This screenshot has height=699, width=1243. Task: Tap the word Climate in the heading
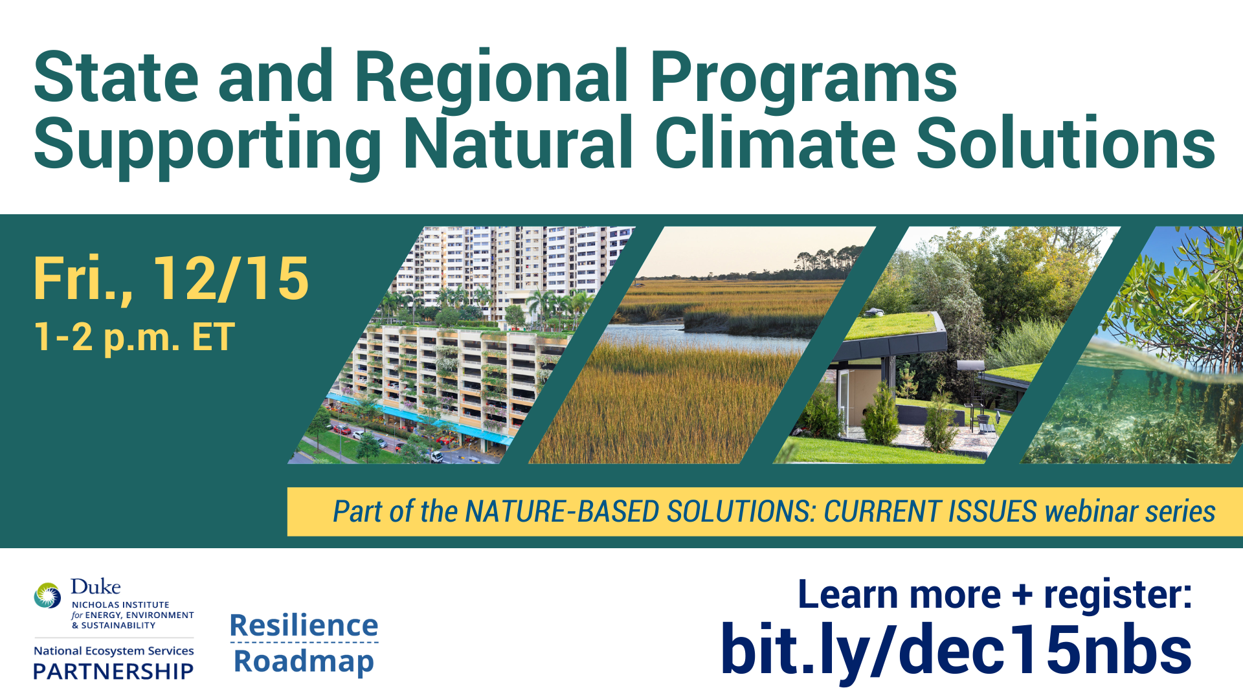point(776,143)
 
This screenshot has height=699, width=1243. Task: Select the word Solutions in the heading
point(1066,143)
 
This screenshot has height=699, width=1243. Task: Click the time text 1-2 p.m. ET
point(134,337)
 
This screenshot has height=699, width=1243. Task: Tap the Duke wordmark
point(95,586)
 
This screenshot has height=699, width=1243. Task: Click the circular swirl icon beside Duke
point(48,595)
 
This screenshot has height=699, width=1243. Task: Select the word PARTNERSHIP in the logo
point(113,671)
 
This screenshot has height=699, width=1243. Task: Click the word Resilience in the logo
point(304,625)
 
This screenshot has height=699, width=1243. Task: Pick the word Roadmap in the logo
point(304,661)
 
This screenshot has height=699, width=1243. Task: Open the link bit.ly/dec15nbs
point(956,650)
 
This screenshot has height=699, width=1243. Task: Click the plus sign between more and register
point(1022,595)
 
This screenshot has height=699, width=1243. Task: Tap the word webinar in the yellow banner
point(1091,511)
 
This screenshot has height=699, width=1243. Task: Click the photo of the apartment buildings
point(461,345)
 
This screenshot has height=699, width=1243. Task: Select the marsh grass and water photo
point(702,345)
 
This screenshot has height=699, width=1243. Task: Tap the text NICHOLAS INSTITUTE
point(120,605)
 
